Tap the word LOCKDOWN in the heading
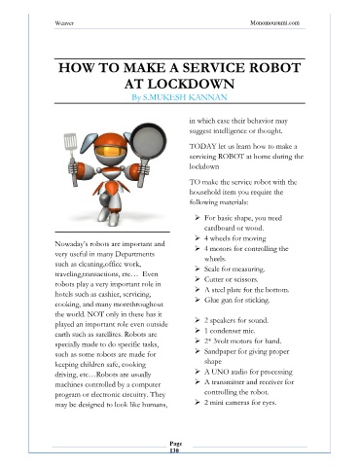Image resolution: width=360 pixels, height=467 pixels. (x=191, y=84)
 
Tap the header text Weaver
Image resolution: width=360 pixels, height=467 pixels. (x=64, y=23)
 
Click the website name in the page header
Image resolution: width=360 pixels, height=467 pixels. (x=274, y=23)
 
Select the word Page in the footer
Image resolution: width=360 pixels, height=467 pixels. (x=176, y=444)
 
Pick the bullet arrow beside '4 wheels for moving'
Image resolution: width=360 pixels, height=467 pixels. (x=198, y=238)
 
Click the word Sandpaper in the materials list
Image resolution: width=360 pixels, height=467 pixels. (x=219, y=351)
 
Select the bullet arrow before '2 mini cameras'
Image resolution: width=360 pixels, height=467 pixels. (x=198, y=403)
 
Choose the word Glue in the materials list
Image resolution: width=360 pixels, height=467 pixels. (x=210, y=300)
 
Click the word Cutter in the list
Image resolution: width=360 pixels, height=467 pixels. (x=213, y=279)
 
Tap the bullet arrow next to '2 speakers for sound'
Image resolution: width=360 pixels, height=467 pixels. (x=198, y=320)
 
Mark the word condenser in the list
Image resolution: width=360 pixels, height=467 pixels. (x=225, y=331)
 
